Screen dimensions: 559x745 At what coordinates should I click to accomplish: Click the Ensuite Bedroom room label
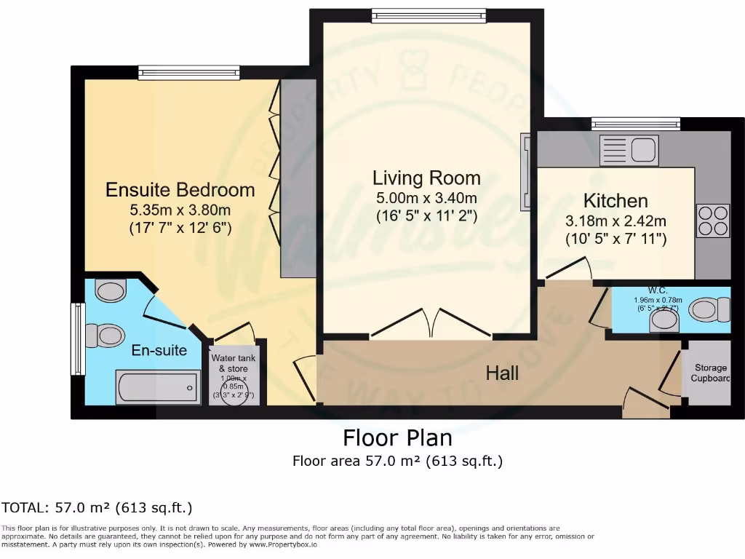[x=180, y=190]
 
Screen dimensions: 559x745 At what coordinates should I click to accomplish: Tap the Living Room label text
[x=426, y=178]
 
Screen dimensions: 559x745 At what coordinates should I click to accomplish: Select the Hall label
[x=502, y=373]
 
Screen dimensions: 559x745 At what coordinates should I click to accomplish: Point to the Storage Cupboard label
[x=710, y=373]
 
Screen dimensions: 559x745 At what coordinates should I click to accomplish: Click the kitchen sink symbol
[x=628, y=151]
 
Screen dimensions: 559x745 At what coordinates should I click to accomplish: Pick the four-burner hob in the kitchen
[x=713, y=221]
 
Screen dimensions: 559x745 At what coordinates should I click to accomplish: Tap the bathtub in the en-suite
[x=158, y=386]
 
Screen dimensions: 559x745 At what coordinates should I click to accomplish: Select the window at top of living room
[x=428, y=15]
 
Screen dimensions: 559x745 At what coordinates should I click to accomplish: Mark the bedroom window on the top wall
[x=188, y=72]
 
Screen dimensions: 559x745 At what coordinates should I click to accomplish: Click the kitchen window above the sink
[x=635, y=124]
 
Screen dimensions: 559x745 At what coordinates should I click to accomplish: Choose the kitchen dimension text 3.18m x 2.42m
[x=615, y=221]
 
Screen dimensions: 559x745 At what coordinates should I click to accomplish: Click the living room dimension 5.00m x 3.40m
[x=426, y=198]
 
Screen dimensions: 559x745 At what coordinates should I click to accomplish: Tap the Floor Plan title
[x=397, y=438]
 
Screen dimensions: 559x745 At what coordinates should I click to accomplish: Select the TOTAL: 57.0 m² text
[x=97, y=508]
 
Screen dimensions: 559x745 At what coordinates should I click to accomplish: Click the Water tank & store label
[x=233, y=363]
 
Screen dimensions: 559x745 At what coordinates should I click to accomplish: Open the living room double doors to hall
[x=431, y=325]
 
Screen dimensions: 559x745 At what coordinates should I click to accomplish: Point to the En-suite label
[x=159, y=350]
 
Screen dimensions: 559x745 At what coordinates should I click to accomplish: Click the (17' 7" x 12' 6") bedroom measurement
[x=180, y=228]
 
